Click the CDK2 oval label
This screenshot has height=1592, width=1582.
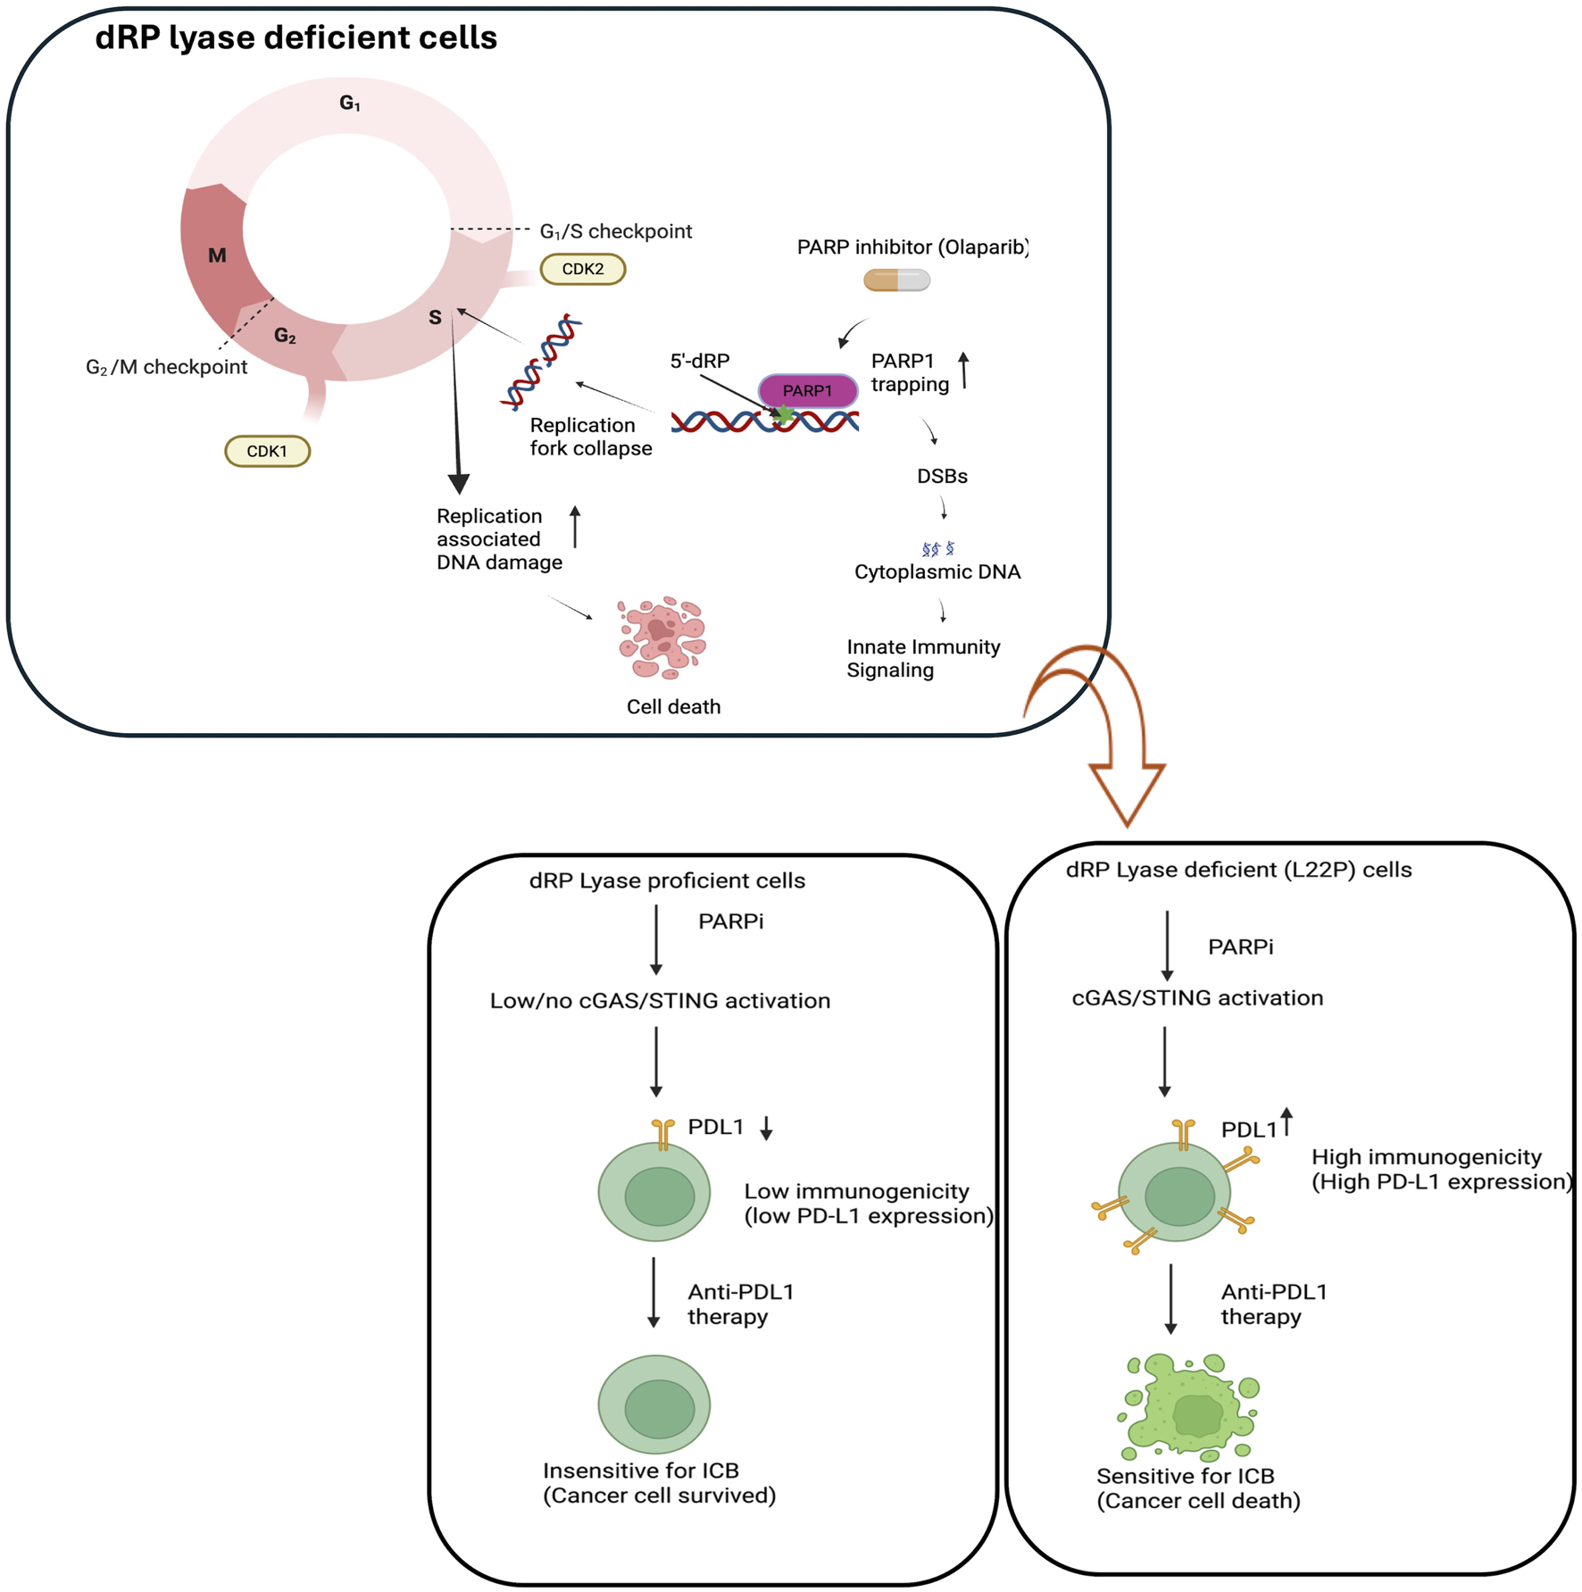coord(582,269)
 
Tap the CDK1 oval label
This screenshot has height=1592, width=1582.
coord(267,451)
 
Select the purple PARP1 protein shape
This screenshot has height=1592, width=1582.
coord(807,390)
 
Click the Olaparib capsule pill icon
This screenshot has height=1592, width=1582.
coord(896,280)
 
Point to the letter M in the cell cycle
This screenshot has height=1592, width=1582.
coord(217,256)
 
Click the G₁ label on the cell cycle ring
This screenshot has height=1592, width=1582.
coord(350,104)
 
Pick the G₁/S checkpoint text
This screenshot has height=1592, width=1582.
coord(615,231)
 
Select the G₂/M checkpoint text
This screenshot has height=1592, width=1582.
coord(166,367)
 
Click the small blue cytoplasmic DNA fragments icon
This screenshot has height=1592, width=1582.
coord(937,548)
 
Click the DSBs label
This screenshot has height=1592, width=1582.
coord(942,476)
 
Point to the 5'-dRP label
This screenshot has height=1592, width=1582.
coord(700,361)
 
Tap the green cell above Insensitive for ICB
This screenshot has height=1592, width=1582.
coord(654,1404)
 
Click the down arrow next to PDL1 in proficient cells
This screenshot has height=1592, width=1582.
coord(766,1129)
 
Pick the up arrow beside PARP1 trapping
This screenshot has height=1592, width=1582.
coord(963,371)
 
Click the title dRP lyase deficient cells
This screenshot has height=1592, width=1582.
coord(296,38)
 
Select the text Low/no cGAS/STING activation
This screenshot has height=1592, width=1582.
coord(660,1001)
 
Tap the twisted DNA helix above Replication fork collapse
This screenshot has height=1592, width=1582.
coord(541,363)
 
